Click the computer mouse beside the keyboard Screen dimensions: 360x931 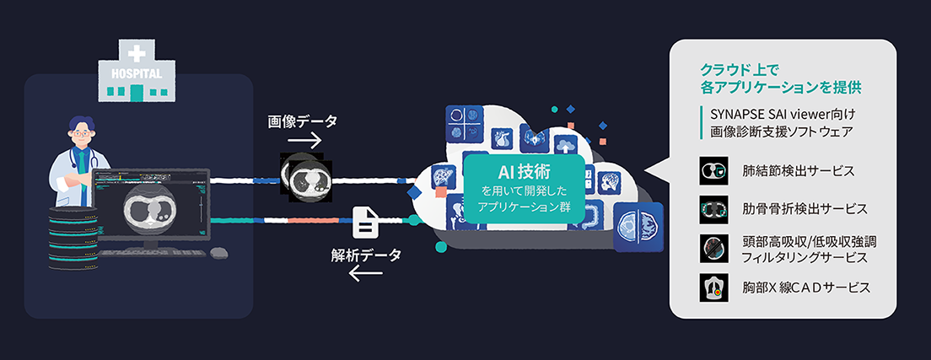coord(218,252)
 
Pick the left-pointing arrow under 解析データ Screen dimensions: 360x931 coord(366,274)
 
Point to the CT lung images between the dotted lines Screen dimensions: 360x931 coord(306,176)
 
